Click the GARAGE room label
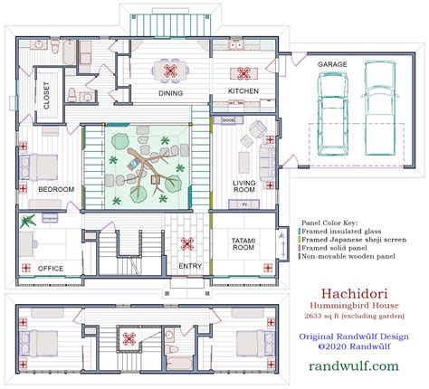(338, 64)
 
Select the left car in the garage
(329, 114)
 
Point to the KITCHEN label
(242, 92)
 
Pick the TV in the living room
(243, 204)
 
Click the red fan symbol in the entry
(188, 242)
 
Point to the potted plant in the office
(29, 220)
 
